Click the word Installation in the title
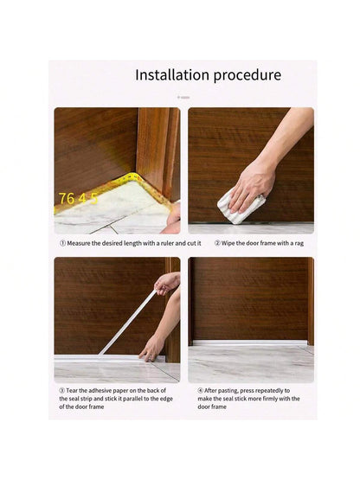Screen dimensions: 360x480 tap(172, 75)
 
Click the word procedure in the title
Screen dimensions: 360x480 tap(247, 76)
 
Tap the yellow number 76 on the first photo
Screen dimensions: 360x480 tap(67, 198)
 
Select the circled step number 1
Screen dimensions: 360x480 tap(62, 243)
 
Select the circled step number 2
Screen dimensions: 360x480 tap(217, 243)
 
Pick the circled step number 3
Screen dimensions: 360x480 tap(62, 391)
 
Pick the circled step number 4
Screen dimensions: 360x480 tap(201, 391)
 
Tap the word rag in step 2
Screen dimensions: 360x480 tap(299, 244)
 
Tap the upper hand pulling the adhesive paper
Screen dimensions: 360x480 tap(167, 283)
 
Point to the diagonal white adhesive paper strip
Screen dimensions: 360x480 tap(128, 322)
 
